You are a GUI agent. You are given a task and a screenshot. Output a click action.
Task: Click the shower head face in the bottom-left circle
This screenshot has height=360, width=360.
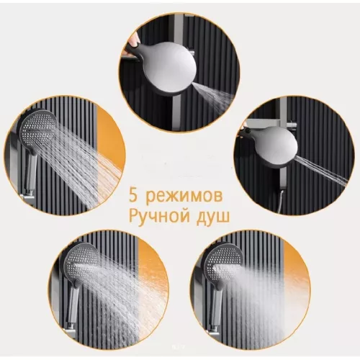(84, 263)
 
